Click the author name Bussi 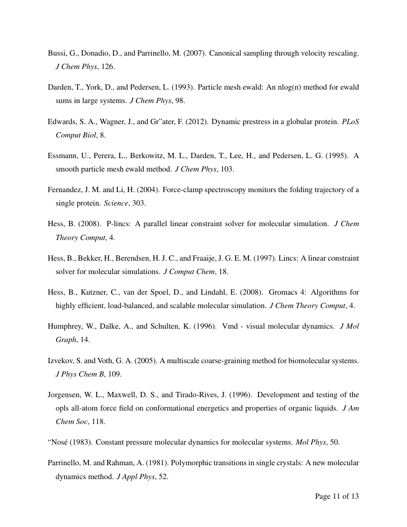click(x=57, y=53)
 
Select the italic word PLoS click(x=350, y=122)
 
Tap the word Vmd click(x=230, y=326)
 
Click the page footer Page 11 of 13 click(x=337, y=496)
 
